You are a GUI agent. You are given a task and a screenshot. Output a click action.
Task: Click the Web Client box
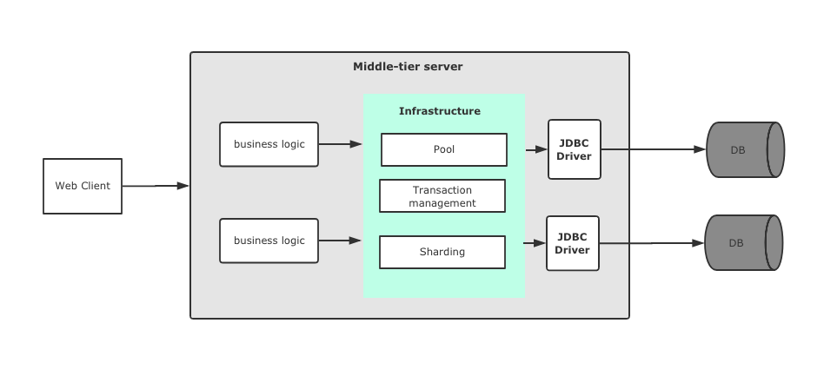(83, 186)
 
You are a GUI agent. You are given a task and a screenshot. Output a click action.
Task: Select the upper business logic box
(269, 144)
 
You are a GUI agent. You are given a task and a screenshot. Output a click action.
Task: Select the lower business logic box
(269, 241)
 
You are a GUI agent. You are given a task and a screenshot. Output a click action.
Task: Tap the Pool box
(443, 149)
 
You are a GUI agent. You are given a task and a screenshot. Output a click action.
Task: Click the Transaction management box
(442, 196)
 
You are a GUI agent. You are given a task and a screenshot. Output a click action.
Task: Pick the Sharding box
(442, 252)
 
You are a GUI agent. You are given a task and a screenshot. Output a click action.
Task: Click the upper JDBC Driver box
(574, 149)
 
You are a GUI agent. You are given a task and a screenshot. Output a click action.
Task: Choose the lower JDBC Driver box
(572, 243)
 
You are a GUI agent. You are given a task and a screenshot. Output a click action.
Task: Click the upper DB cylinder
(744, 149)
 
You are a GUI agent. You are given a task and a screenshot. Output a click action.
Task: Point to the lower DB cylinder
(742, 243)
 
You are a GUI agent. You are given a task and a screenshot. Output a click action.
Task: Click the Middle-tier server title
(408, 67)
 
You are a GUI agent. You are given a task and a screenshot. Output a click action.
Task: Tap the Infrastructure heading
(439, 111)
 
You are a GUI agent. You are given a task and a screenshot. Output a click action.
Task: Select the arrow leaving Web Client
(156, 186)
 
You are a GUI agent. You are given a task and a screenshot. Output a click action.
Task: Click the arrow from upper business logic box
(340, 144)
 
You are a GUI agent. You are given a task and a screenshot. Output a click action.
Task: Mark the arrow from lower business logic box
(340, 241)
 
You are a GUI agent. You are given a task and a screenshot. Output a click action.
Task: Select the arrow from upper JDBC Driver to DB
(653, 149)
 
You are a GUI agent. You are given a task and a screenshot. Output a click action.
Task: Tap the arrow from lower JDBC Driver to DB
(651, 243)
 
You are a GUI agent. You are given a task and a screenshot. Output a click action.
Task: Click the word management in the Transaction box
(442, 203)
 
